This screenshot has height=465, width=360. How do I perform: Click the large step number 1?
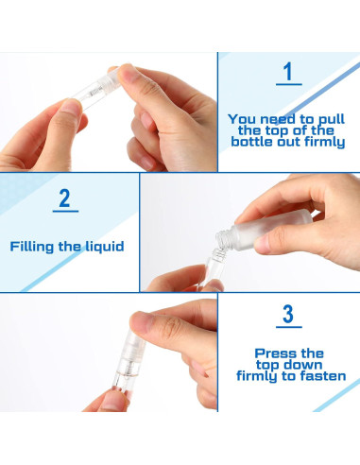pyautogui.click(x=288, y=71)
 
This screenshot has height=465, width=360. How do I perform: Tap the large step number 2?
pyautogui.click(x=64, y=198)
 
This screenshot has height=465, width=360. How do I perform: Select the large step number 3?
pyautogui.click(x=288, y=314)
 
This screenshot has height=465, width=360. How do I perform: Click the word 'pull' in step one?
pyautogui.click(x=332, y=120)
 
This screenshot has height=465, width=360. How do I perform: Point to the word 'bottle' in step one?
pyautogui.click(x=252, y=142)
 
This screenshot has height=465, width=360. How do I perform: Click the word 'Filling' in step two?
pyautogui.click(x=32, y=247)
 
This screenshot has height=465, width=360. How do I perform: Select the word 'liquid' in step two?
pyautogui.click(x=105, y=247)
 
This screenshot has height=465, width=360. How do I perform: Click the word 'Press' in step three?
pyautogui.click(x=272, y=353)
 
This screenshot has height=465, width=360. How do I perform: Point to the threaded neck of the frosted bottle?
pyautogui.click(x=224, y=239)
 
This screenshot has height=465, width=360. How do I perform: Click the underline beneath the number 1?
pyautogui.click(x=289, y=84)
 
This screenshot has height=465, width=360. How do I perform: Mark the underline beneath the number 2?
pyautogui.click(x=65, y=211)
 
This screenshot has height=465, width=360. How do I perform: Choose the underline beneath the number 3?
pyautogui.click(x=289, y=327)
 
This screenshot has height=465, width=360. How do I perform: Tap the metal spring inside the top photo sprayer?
pyautogui.click(x=95, y=91)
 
